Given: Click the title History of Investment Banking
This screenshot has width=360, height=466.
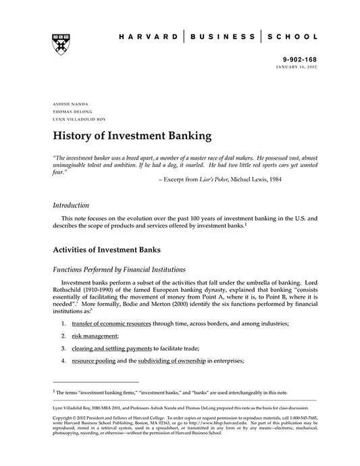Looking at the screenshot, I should point(132,137).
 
